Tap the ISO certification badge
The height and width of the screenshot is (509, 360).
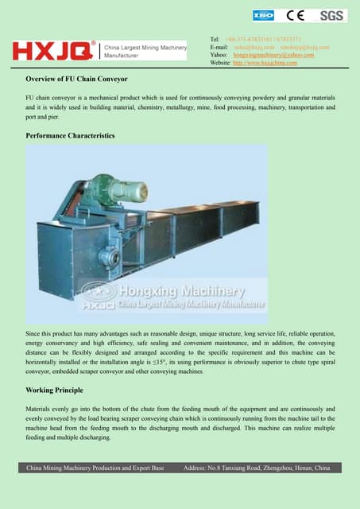263,15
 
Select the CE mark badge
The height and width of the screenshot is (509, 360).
297,15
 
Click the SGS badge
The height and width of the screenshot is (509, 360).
332,15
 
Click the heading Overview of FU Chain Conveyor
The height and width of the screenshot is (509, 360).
76,80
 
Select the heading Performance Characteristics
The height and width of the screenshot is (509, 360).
70,136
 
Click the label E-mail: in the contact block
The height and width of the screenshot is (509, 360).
219,47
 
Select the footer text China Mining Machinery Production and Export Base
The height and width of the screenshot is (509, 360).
96,468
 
